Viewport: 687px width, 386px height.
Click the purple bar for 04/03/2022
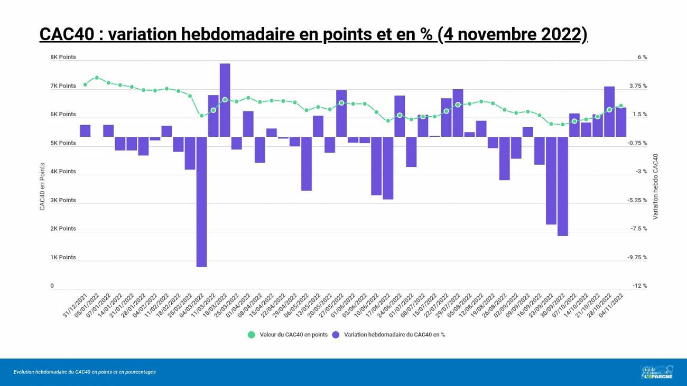click(x=201, y=202)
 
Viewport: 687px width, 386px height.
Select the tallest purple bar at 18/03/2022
click(x=225, y=100)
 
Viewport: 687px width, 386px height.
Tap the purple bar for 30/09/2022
click(x=562, y=186)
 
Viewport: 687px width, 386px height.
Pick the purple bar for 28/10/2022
click(x=609, y=111)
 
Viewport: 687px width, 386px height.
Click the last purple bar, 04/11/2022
click(x=620, y=122)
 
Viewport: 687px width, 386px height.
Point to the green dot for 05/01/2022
click(x=97, y=78)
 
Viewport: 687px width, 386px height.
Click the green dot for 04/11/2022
click(x=621, y=106)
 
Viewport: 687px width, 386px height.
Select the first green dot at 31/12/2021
click(x=85, y=84)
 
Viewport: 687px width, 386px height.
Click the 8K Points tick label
click(x=63, y=57)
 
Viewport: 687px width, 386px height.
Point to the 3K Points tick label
click(x=63, y=200)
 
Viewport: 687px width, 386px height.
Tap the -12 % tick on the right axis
click(x=640, y=286)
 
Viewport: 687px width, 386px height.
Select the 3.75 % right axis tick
click(x=637, y=86)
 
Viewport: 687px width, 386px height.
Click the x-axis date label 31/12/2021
click(x=75, y=306)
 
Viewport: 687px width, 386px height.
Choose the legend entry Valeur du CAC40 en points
click(x=293, y=334)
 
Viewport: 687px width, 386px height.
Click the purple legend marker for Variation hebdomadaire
click(x=336, y=334)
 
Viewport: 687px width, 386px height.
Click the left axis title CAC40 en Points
click(x=42, y=186)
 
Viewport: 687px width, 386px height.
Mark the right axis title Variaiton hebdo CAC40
click(x=655, y=186)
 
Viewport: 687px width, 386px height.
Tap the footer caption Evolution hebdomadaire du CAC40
click(x=85, y=372)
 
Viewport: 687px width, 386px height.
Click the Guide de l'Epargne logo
click(x=657, y=372)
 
